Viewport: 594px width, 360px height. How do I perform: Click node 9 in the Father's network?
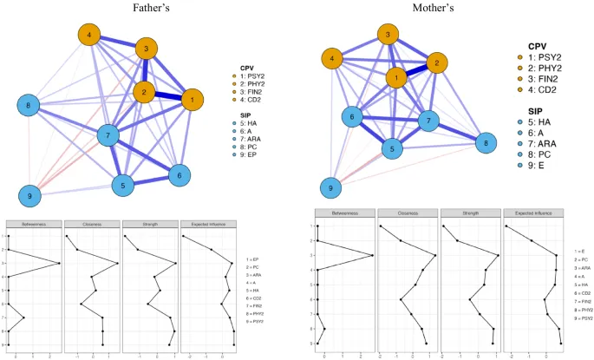pos(30,195)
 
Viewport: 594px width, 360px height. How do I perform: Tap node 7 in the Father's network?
pos(107,136)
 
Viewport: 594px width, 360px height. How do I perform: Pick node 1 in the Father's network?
pos(189,100)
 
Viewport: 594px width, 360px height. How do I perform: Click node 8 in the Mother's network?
pos(486,143)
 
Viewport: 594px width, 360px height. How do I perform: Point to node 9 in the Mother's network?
pos(330,187)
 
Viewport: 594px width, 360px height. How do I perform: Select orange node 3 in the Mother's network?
pos(388,36)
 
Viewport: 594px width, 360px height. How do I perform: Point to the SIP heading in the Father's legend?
pos(249,113)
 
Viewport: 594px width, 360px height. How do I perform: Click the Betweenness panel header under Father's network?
pos(33,224)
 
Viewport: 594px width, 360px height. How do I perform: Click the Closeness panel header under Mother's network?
pos(407,213)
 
